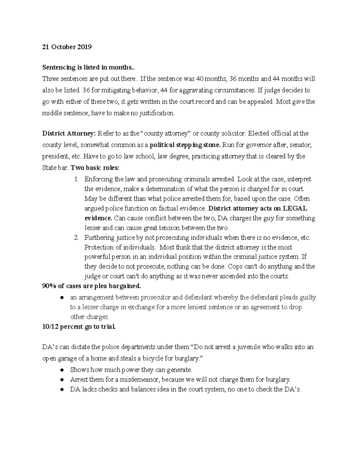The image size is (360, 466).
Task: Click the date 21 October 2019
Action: [67, 47]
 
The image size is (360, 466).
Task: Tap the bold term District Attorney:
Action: [69, 133]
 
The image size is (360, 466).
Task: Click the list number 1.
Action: [76, 179]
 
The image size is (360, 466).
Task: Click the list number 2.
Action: [76, 238]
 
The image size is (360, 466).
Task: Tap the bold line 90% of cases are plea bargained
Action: [91, 286]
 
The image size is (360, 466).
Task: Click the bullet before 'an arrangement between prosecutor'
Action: [62, 298]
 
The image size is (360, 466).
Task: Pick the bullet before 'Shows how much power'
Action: [62, 370]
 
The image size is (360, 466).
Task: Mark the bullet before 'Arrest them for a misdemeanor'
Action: [62, 380]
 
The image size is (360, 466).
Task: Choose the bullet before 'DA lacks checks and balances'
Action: [62, 390]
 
